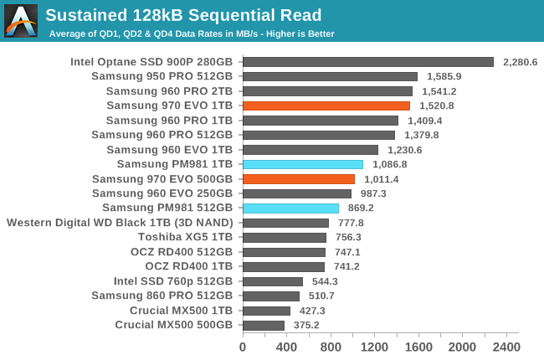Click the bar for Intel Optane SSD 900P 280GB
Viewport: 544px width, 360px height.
367,62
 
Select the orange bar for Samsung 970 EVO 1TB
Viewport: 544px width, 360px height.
326,105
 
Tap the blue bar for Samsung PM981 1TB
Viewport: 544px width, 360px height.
302,164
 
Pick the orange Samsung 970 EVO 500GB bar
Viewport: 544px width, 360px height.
298,179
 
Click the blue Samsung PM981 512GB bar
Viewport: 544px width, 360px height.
290,208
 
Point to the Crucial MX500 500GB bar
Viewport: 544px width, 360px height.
263,325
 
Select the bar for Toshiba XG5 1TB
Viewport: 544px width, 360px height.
284,237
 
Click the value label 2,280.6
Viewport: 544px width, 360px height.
520,62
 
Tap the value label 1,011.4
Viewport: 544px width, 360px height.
381,179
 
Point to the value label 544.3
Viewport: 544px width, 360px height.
326,281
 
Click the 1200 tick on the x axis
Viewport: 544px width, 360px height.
374,346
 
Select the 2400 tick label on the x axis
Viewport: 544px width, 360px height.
506,346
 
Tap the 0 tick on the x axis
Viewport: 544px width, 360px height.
243,346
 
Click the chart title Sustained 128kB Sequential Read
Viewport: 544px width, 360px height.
183,15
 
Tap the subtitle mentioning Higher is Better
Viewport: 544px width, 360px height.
192,33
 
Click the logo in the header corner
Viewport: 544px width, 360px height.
21,21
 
